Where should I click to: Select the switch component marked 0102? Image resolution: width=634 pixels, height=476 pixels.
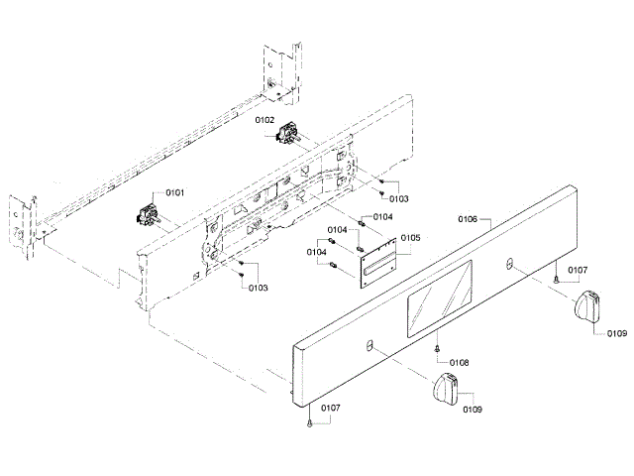pos(291,133)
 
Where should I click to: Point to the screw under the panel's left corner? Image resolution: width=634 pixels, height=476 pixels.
pos(311,423)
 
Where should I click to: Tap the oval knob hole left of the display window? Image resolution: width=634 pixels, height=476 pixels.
pos(370,346)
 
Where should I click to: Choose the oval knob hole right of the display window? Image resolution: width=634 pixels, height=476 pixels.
pos(509,263)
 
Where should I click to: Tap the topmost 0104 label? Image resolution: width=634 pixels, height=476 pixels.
pos(381,216)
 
